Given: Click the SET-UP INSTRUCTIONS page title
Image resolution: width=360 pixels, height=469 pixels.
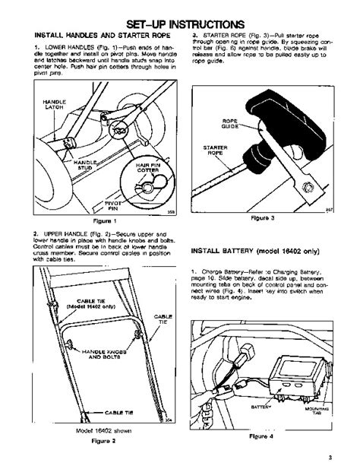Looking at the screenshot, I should [179, 24].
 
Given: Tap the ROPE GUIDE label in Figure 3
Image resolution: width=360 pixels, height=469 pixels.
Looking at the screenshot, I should [231, 123].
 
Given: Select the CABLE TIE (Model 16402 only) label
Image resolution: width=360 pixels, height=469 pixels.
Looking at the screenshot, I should [93, 303].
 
